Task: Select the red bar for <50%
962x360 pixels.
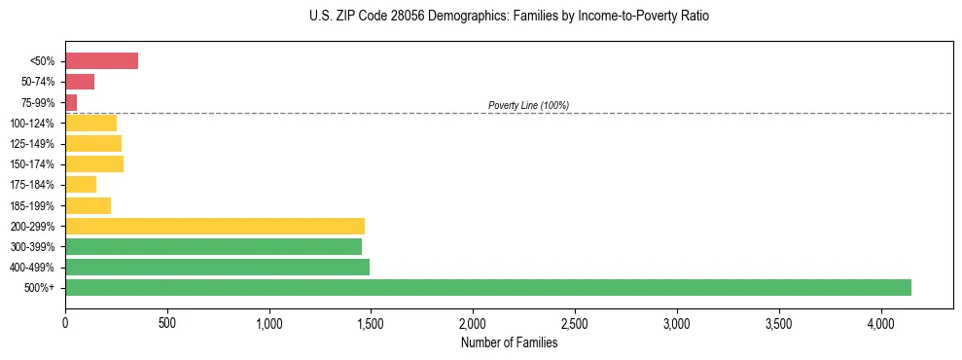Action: point(101,61)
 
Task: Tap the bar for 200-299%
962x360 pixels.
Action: point(215,226)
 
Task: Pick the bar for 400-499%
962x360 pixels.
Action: point(217,267)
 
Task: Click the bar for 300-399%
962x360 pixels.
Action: point(213,246)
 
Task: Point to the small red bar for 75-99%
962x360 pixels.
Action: point(71,102)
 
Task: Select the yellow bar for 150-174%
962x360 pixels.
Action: point(94,163)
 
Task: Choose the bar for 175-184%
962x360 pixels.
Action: point(81,185)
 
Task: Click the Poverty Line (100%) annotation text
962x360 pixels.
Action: point(528,105)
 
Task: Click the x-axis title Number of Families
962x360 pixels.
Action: point(509,342)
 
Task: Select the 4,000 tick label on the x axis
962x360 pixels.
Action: point(881,323)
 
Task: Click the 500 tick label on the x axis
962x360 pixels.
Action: point(167,323)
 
